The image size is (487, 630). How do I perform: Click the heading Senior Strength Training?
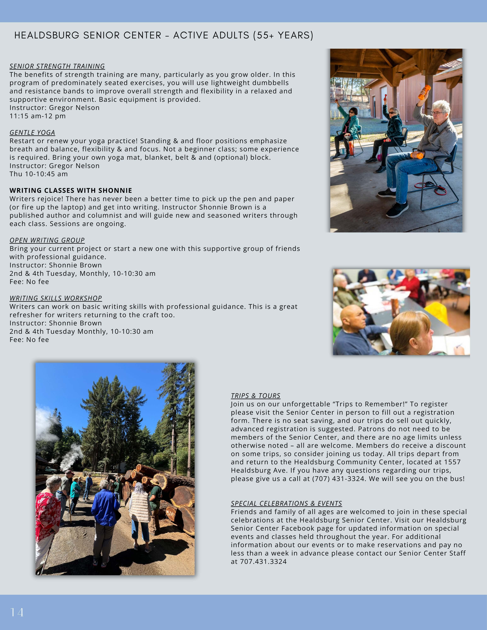pyautogui.click(x=57, y=66)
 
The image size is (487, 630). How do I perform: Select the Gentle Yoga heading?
pyautogui.click(x=32, y=133)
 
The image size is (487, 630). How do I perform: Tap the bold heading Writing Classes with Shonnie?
pyautogui.click(x=71, y=190)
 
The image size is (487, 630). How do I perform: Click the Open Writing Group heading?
pyautogui.click(x=47, y=240)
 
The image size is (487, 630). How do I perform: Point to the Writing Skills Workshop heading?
pyautogui.click(x=56, y=298)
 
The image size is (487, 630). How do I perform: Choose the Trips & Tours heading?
pyautogui.click(x=256, y=396)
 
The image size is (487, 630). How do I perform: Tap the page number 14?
pyautogui.click(x=17, y=612)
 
